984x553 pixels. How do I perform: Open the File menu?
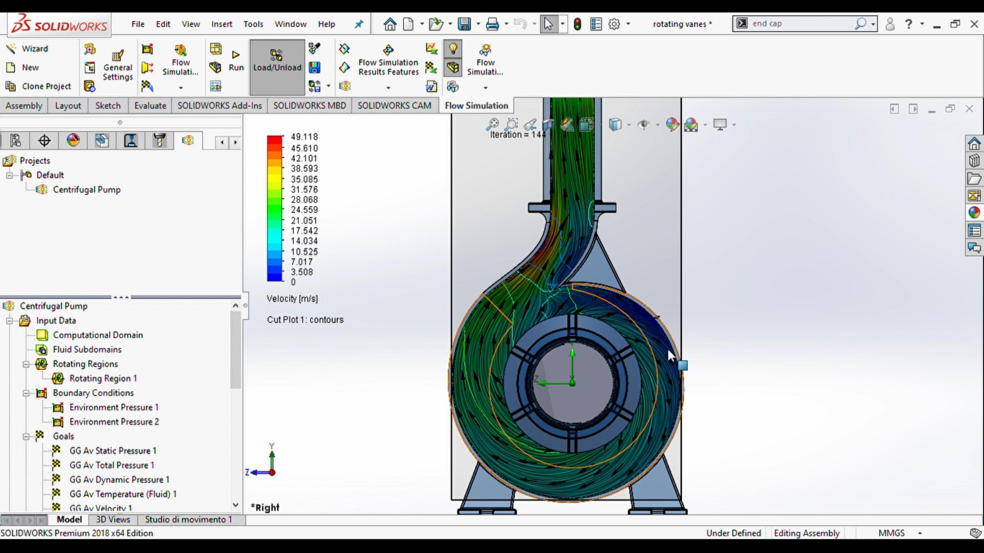pos(138,24)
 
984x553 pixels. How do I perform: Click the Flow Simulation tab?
pos(476,106)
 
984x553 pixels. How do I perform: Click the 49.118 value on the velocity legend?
pos(304,137)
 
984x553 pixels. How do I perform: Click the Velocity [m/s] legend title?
pos(292,299)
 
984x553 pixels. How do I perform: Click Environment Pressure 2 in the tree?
pos(114,422)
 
